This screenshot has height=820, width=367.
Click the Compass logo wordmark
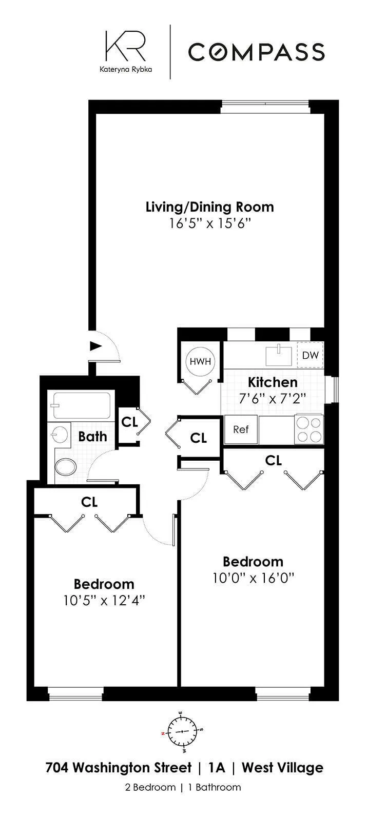click(x=256, y=52)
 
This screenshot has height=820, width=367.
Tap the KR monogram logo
click(x=125, y=46)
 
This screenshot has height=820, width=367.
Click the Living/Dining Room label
click(x=209, y=207)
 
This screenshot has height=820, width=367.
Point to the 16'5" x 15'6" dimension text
click(x=209, y=223)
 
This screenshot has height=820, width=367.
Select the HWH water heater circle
click(x=200, y=361)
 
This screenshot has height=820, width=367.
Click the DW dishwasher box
click(x=310, y=355)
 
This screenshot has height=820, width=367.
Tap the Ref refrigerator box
click(x=241, y=429)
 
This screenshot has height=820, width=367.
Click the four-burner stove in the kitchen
click(x=308, y=429)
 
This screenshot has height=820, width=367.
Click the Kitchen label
click(x=273, y=382)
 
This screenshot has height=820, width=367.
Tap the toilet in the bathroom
click(x=65, y=467)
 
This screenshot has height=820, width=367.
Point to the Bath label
click(x=93, y=437)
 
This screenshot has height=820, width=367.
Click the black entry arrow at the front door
click(x=95, y=346)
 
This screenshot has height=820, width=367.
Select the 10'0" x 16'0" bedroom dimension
click(x=253, y=578)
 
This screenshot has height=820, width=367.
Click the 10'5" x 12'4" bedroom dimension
click(x=104, y=600)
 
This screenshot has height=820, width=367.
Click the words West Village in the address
click(x=282, y=768)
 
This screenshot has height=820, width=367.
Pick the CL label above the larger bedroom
click(x=274, y=460)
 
